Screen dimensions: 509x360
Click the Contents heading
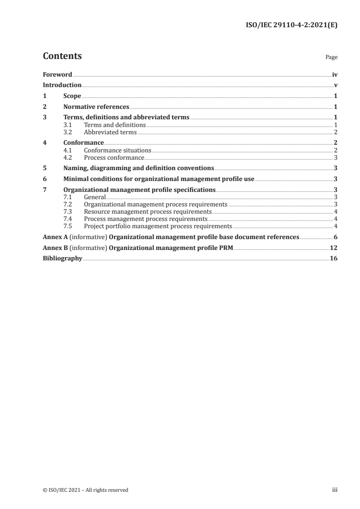[x=62, y=56]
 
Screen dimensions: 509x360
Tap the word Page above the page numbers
[x=331, y=58]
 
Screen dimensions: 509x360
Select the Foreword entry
[x=57, y=74]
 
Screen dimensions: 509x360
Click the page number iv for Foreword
[x=334, y=74]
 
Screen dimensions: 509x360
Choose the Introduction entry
[x=62, y=85]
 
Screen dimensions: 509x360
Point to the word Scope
[x=72, y=96]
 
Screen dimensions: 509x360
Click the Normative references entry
[x=96, y=107]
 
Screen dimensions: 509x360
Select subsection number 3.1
[x=68, y=125]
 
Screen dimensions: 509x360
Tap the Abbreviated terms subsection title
[x=110, y=132]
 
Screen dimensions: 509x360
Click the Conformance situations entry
[x=118, y=150]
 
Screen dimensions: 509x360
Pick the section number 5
[x=44, y=168]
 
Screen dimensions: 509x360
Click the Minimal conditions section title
[x=159, y=179]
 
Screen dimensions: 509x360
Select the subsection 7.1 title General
[x=95, y=197]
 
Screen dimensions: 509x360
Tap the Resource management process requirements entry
[x=148, y=212]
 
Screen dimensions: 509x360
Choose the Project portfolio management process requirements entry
[x=158, y=226]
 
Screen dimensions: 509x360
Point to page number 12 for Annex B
[x=333, y=248]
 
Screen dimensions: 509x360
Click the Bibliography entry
[x=62, y=259]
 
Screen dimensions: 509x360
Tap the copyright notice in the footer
[x=85, y=490]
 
